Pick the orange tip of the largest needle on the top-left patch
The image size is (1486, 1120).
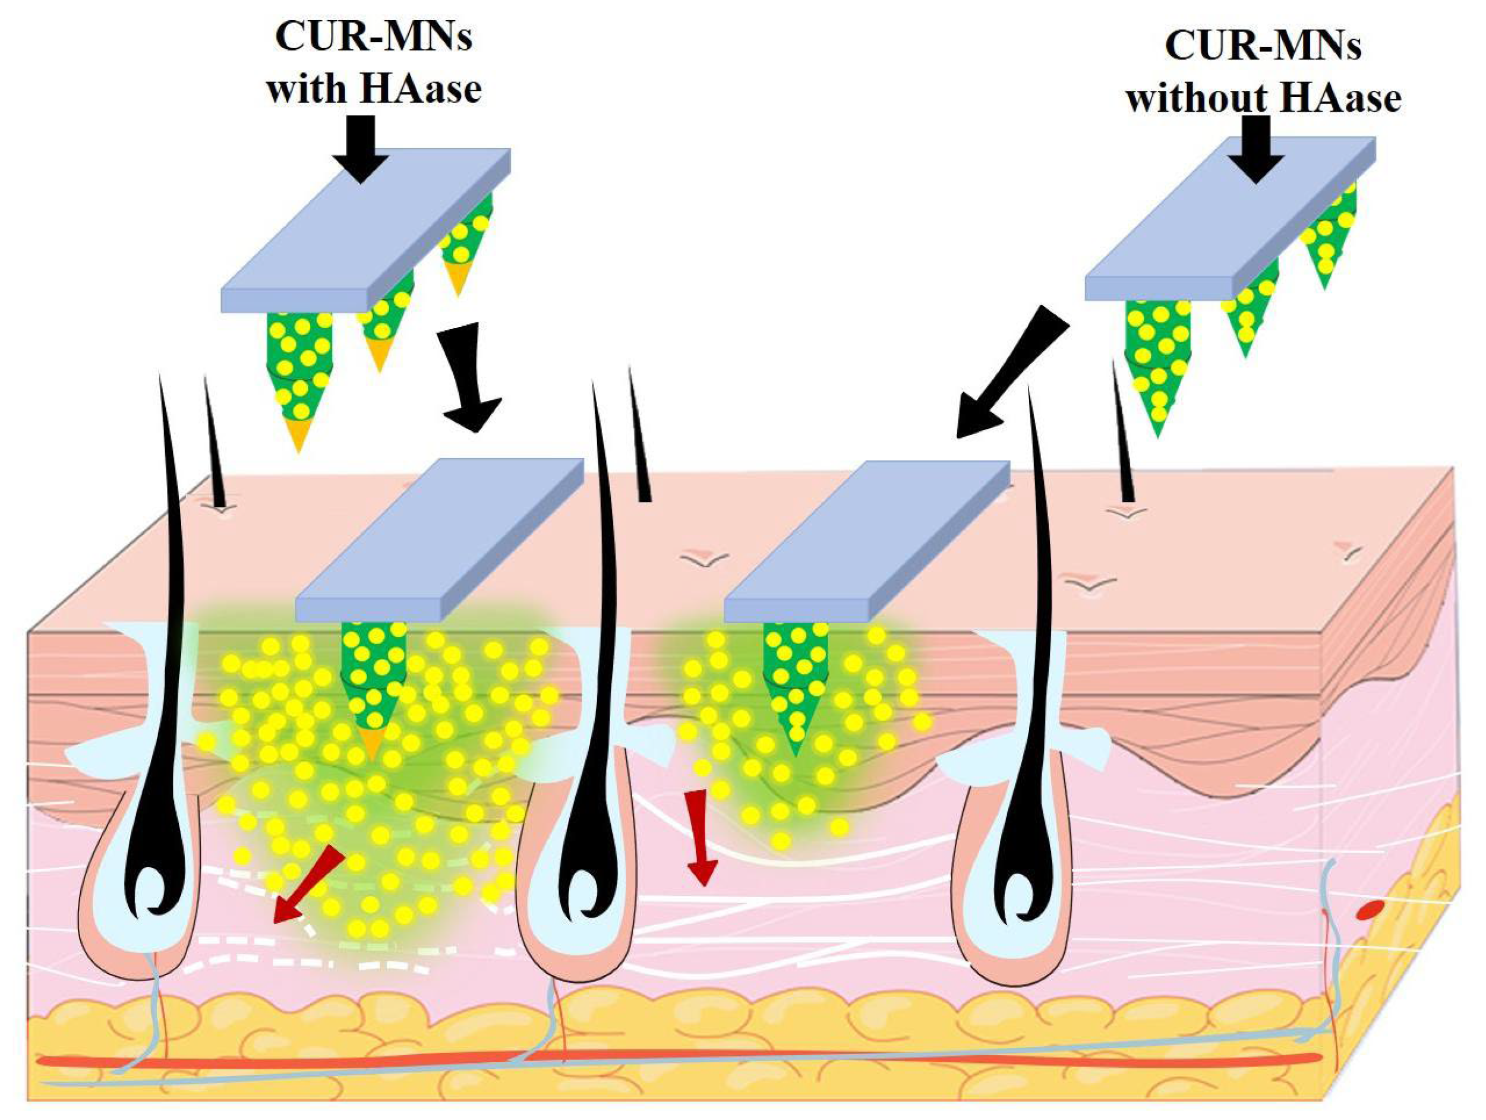click(x=298, y=436)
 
